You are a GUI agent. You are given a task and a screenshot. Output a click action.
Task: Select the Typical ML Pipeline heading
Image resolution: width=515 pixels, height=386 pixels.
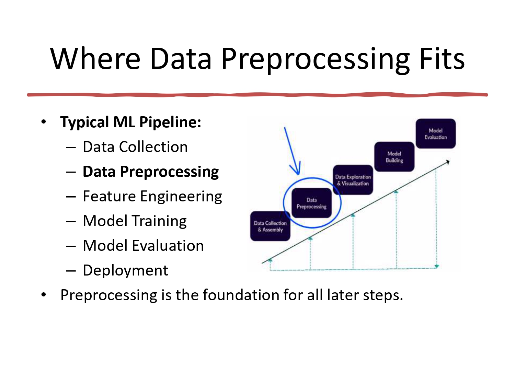(x=130, y=122)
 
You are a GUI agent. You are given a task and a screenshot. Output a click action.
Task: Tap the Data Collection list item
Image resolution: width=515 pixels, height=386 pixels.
(x=135, y=147)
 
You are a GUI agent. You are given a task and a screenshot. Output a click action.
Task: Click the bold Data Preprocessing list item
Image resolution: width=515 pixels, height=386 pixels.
(x=150, y=172)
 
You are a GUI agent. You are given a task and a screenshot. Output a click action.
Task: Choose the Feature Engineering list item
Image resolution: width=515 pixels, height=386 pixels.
(x=152, y=196)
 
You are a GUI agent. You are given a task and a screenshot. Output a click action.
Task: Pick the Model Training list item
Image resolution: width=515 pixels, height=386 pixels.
(x=135, y=221)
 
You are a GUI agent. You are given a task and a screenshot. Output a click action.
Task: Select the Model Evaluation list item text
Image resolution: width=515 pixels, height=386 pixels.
(x=143, y=246)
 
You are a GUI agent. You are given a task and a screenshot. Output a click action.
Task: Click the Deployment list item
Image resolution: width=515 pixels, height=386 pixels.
(x=125, y=270)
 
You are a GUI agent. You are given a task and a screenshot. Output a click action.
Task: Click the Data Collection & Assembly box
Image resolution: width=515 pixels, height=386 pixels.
(x=270, y=226)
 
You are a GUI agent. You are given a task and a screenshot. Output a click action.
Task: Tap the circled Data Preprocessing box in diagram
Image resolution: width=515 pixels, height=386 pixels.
(x=311, y=203)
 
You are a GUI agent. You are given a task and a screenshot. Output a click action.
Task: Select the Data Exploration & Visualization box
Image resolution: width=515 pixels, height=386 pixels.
(x=353, y=180)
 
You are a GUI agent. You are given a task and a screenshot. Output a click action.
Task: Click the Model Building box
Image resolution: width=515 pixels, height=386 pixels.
(x=394, y=157)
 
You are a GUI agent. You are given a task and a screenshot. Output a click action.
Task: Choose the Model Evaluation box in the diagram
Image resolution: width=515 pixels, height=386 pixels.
(x=435, y=133)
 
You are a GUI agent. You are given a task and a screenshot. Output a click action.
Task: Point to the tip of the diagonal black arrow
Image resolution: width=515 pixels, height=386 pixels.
(x=448, y=161)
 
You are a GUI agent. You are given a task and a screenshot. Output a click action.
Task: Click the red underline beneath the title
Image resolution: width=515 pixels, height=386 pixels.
(x=257, y=94)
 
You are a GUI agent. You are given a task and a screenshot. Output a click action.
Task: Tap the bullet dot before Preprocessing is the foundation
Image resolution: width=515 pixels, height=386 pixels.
(x=43, y=295)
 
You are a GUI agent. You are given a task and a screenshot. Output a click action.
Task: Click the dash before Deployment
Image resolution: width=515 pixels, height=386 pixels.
(x=71, y=271)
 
